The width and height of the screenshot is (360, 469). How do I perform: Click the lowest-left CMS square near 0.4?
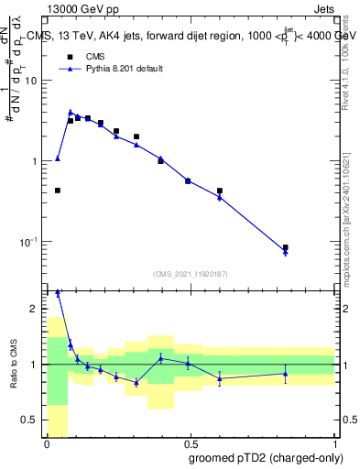[x=58, y=191]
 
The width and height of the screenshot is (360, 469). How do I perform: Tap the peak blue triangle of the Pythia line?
[x=71, y=112]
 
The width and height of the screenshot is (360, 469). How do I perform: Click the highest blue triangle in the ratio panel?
[x=58, y=292]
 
